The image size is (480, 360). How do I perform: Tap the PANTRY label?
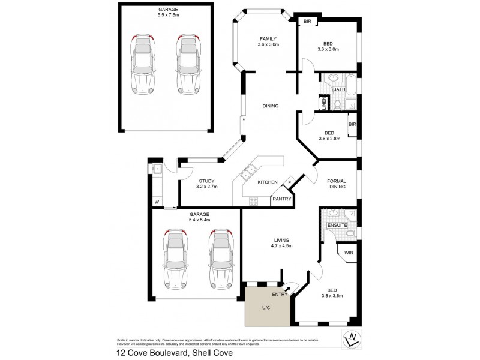pos(281,199)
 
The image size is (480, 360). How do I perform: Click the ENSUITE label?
pos(337,225)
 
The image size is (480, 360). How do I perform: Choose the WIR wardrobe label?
pos(349,253)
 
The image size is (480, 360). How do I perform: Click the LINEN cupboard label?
pos(323,104)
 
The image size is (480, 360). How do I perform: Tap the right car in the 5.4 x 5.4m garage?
pos(220,258)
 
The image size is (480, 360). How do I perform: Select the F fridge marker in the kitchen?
pos(289,182)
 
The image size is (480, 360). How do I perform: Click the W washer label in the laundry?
pos(156,202)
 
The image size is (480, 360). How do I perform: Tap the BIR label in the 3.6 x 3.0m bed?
pos(308,22)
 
